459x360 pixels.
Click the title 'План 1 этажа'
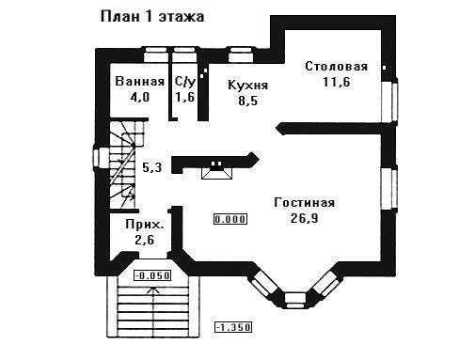tap(152, 17)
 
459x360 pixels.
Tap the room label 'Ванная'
tap(140, 82)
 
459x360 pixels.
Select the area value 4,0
tap(140, 97)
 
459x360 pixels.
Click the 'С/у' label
tap(185, 82)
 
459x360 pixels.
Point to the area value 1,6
tap(185, 97)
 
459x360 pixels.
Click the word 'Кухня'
tap(248, 86)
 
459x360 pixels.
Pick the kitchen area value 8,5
tap(247, 101)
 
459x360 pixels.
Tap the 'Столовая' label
tap(337, 67)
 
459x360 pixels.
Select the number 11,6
tap(337, 82)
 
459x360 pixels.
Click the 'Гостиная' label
tap(305, 203)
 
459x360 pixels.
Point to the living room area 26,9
tap(305, 218)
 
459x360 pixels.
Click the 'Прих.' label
tap(145, 225)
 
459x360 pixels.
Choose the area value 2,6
tap(145, 241)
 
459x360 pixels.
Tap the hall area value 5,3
tap(152, 167)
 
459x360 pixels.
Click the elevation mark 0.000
tap(230, 219)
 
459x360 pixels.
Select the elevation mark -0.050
tap(152, 275)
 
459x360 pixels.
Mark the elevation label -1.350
tap(233, 327)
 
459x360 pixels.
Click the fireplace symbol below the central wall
tap(216, 171)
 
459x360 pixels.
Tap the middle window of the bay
tap(295, 300)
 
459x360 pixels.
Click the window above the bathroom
tap(155, 55)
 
